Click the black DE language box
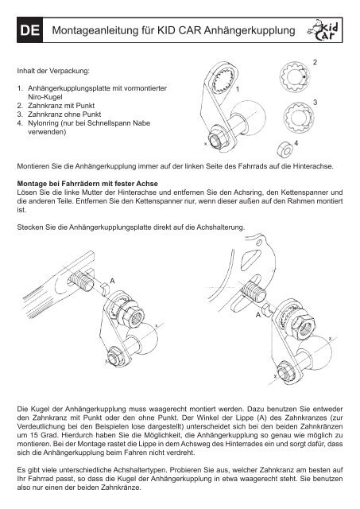point(30,30)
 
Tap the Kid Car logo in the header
point(323,30)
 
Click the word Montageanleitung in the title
point(95,30)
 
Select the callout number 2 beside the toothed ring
point(315,62)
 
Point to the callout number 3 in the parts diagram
point(315,103)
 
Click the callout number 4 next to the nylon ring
point(296,143)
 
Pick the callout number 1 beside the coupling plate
point(238,88)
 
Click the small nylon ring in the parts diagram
point(285,149)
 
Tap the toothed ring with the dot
point(294,77)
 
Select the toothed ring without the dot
point(298,117)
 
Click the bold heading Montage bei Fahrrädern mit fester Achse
point(87,184)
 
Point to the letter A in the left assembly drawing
point(112,281)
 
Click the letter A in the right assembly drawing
point(258,315)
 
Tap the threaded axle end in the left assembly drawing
point(81,281)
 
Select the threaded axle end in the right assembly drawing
point(254,291)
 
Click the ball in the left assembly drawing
point(143,337)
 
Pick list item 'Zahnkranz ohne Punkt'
point(64,115)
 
